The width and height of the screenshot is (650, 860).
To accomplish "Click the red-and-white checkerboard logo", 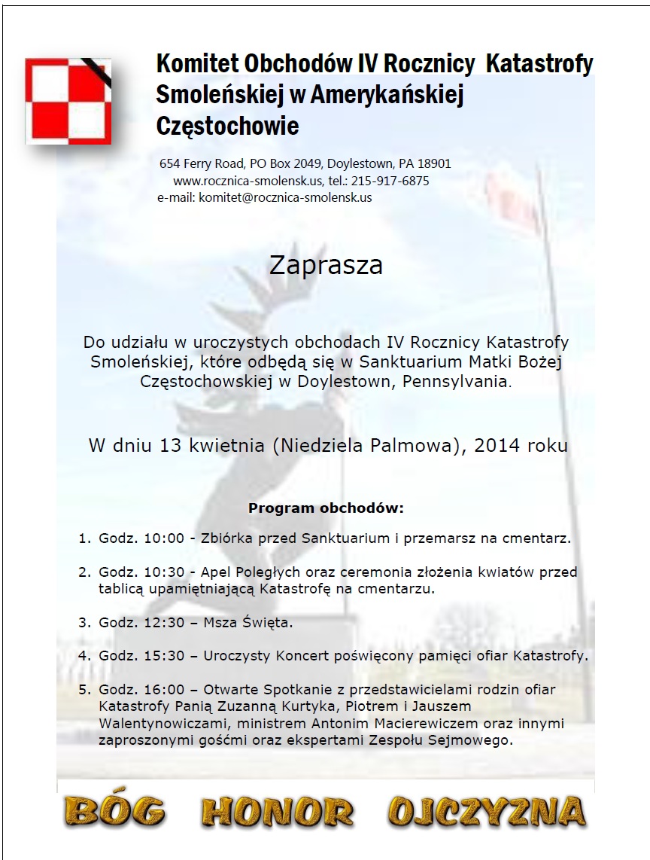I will [x=68, y=101].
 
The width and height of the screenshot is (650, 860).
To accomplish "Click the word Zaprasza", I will [x=326, y=266].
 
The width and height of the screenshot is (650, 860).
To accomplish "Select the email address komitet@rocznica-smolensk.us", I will [x=285, y=197].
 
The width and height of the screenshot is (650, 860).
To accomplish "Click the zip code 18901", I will [x=434, y=163].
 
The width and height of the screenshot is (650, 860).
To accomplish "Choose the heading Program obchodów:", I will [x=326, y=508].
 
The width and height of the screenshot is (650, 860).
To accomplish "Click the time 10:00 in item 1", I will [x=162, y=538].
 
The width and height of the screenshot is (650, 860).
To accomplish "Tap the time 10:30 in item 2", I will [x=162, y=572].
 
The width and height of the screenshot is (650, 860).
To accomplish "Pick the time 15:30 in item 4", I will [x=162, y=656].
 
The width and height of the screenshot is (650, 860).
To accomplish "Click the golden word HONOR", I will [x=278, y=812].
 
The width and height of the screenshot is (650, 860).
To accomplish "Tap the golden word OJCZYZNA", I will [x=487, y=812].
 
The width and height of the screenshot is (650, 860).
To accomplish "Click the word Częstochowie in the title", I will [x=228, y=125].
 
